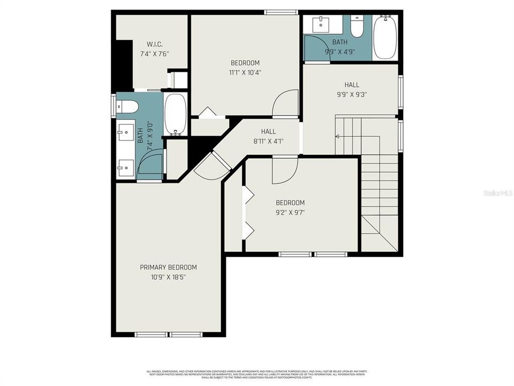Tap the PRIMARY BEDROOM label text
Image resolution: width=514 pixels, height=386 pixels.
pos(168,268)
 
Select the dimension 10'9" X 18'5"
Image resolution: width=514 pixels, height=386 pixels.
pos(168,277)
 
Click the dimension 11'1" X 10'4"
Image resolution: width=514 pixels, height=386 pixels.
pos(245,72)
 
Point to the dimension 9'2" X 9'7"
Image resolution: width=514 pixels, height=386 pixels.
pos(290,212)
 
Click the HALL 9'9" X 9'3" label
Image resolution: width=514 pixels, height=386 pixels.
pos(351,85)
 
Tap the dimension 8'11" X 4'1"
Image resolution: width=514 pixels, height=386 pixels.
pos(268,142)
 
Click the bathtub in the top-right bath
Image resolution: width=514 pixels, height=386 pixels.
pos(385,38)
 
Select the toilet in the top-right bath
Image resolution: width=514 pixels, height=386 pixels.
pos(357,25)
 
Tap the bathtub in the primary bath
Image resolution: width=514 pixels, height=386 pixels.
pos(175,114)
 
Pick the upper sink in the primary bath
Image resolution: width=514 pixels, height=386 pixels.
pos(126,131)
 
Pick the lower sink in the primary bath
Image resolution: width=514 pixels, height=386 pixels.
pos(126,167)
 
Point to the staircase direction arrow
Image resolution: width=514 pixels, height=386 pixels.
pos(337,137)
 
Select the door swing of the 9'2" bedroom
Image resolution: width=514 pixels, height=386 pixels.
pos(284,170)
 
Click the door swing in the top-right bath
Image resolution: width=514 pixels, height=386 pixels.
pos(315,48)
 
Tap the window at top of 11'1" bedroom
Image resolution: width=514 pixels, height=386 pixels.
pos(282,12)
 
